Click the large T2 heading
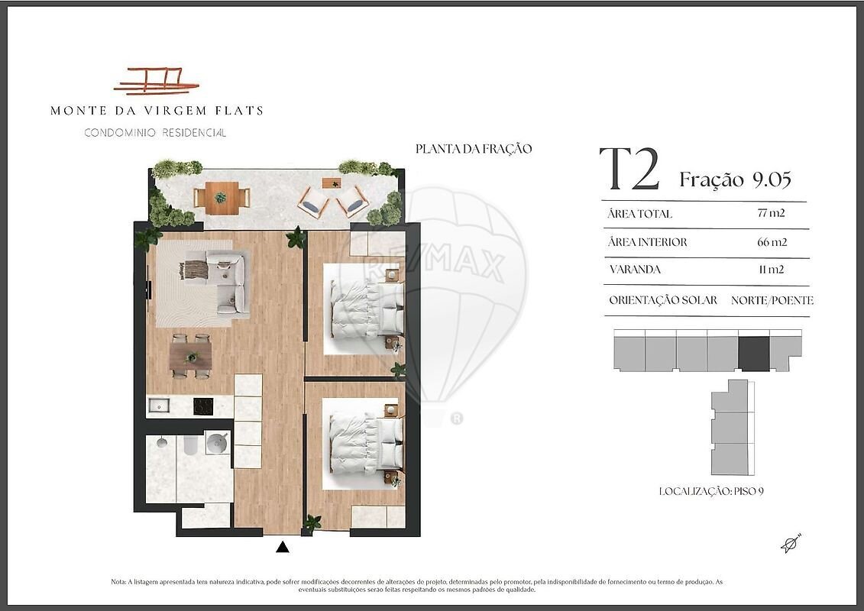[x=629, y=169]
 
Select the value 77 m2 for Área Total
[x=771, y=213]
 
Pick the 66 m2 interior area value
[x=772, y=242]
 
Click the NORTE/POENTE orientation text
[x=772, y=300]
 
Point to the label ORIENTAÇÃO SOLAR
[x=663, y=300]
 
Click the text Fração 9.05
[x=735, y=179]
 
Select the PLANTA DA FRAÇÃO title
[x=474, y=149]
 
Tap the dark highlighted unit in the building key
[x=753, y=354]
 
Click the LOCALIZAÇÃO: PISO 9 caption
[x=711, y=491]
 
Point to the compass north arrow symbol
[x=791, y=543]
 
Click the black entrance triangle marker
[x=283, y=547]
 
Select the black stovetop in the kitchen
[x=202, y=406]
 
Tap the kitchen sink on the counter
[x=159, y=406]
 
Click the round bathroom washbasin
[x=216, y=442]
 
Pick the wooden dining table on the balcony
[x=222, y=198]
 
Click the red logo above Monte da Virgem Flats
[x=155, y=82]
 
